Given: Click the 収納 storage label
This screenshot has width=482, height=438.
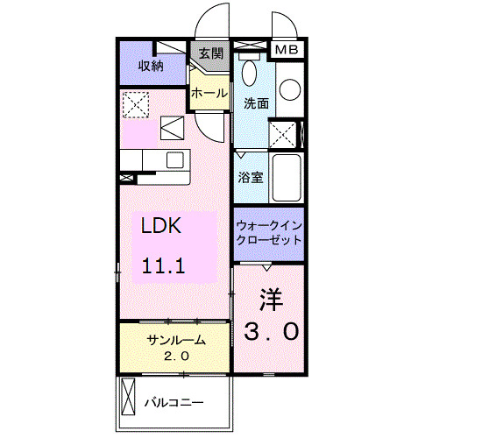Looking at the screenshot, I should coord(151,66).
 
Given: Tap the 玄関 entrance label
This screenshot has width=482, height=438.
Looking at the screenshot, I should coord(210,53).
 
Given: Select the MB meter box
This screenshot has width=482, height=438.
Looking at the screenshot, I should coord(287,50).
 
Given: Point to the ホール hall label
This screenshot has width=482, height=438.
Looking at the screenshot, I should coord(209,93).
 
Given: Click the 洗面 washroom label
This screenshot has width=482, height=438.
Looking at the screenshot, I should coord(256,103).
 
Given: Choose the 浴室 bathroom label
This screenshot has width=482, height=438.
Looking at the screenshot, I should coord(251,176).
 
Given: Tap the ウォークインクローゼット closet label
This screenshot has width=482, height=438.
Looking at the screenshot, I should coord(268,232).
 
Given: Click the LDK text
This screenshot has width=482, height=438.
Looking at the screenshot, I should coord(162,226).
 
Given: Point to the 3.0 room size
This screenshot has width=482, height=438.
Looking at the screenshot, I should coord(270,331).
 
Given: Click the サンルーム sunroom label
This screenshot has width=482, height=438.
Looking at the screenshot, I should coord(177,340).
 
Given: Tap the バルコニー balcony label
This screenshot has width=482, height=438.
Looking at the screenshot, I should coord(174,403).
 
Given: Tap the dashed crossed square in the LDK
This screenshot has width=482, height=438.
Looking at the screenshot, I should coord(135,105).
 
